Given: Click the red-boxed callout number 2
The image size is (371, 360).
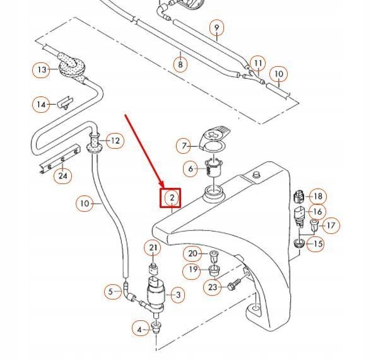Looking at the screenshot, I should [171, 199].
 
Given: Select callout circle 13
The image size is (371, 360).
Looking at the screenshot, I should [42, 69].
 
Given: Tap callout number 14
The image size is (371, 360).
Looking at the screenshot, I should [42, 105].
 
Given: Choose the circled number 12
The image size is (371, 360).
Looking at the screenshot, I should [114, 141].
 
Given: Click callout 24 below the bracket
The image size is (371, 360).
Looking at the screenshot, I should [62, 176].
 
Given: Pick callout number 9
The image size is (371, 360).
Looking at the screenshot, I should [216, 28].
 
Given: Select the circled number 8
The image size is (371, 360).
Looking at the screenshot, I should [180, 64].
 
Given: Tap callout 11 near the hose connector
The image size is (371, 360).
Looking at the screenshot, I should [258, 63].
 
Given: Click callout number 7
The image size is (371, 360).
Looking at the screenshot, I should [184, 146].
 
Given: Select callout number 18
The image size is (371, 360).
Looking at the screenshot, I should [317, 197].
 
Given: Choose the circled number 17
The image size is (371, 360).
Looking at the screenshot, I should [331, 225].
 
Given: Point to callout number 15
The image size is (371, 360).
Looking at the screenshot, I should [317, 243].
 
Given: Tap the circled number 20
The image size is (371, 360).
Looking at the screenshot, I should [193, 254].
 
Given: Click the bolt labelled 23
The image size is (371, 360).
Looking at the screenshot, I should [233, 285].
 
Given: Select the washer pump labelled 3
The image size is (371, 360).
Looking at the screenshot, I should [156, 291].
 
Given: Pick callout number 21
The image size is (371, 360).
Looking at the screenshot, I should [153, 248].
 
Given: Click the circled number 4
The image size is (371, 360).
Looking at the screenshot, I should [139, 328].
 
